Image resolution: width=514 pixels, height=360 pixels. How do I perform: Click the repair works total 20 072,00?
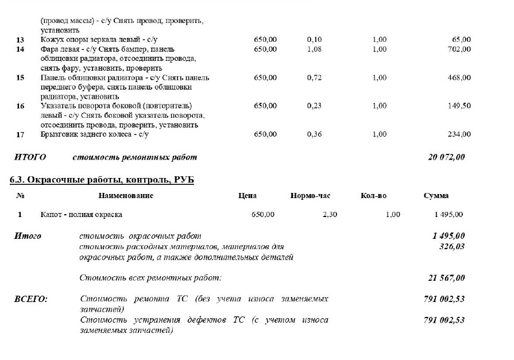click(446, 157)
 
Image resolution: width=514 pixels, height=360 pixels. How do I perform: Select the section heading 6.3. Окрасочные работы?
click(102, 180)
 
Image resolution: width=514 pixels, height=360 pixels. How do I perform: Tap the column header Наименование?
click(126, 196)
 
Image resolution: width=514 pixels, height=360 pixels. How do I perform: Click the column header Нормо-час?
click(310, 196)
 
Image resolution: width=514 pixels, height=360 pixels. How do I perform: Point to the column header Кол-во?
click(373, 196)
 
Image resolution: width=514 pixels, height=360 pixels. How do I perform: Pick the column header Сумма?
click(436, 196)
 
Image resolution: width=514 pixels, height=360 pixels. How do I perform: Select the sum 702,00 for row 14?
click(459, 49)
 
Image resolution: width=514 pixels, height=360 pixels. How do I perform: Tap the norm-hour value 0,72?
click(314, 78)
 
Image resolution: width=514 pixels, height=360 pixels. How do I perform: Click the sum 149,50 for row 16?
click(459, 106)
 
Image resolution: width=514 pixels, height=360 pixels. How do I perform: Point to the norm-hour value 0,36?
click(314, 134)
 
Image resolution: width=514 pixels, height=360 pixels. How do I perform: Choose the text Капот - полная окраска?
click(81, 215)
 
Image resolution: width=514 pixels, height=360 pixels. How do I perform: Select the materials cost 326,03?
click(451, 246)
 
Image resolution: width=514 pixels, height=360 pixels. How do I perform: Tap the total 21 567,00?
click(446, 278)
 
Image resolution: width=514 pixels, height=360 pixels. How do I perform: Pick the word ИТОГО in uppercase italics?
click(30, 157)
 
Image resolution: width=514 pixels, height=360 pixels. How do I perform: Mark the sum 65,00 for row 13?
click(461, 40)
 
